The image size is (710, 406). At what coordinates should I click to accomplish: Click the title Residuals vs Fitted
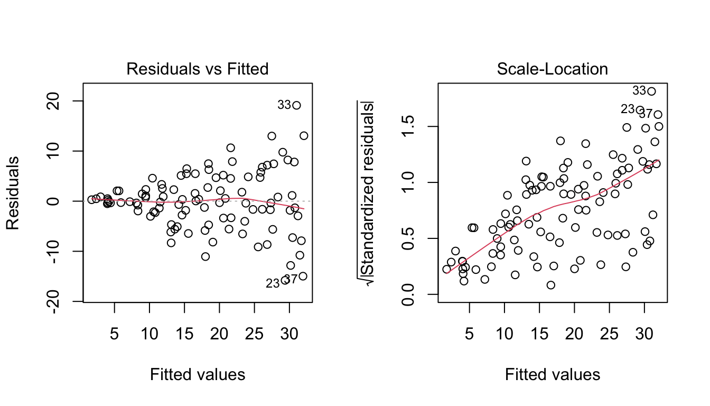[197, 69]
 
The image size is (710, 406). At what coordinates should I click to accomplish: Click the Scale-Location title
[553, 69]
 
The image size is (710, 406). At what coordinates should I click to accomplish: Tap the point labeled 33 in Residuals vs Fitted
[296, 105]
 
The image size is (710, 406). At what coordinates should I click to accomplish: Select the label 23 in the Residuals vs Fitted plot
[272, 284]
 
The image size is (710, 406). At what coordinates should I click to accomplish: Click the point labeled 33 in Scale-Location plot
[651, 91]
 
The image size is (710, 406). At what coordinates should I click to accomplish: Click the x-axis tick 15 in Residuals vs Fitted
[184, 320]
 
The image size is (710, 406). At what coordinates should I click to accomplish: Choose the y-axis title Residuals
[13, 193]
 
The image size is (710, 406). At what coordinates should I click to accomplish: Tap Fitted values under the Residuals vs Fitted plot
[198, 375]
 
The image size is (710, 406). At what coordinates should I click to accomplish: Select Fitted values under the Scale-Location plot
[553, 375]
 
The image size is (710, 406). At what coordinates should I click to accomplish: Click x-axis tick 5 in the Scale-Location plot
[469, 320]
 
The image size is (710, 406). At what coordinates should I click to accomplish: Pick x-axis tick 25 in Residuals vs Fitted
[255, 320]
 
